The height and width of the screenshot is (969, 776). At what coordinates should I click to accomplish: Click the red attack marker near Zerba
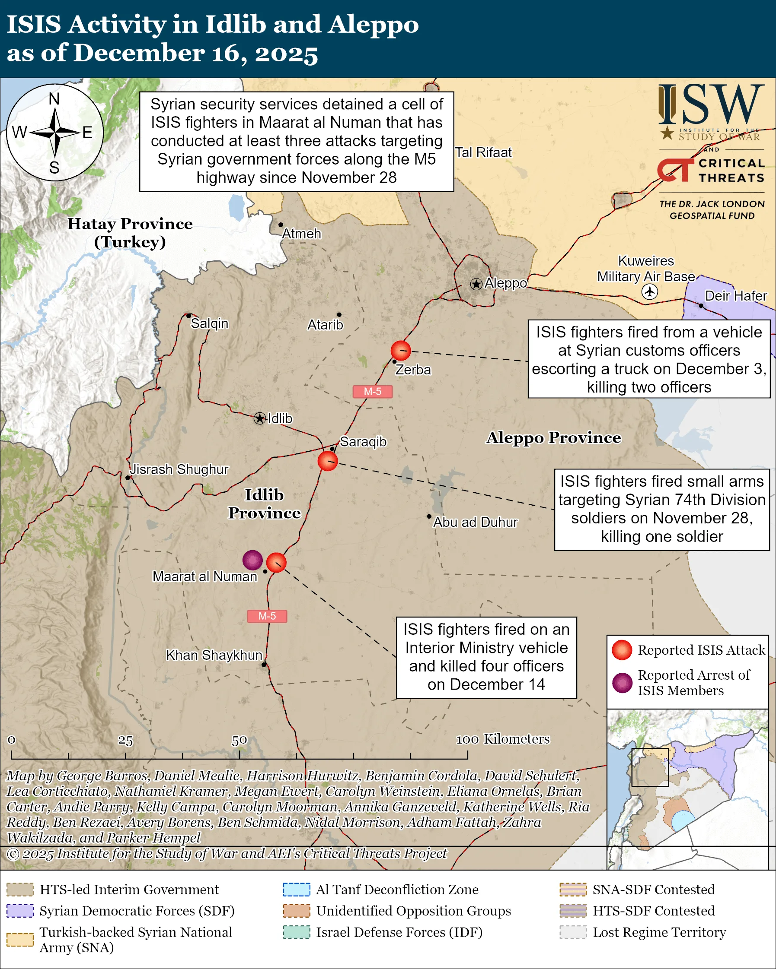coord(400,351)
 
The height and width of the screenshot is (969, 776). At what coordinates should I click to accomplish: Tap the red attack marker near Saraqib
coord(328,461)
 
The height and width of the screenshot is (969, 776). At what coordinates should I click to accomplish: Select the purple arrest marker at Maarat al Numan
coord(252,560)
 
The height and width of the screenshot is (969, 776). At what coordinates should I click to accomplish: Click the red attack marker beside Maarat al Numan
coord(276,563)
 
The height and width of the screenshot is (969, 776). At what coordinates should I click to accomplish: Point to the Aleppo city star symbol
coord(476,284)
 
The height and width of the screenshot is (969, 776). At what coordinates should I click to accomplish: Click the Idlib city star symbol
coord(259,418)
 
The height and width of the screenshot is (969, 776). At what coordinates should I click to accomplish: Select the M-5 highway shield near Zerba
coord(372,392)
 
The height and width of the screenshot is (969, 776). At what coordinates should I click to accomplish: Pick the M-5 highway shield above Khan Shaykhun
coord(267,616)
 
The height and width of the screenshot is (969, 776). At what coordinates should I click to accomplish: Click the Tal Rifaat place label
coord(483,153)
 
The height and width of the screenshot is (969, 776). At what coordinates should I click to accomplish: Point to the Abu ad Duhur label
coord(475,522)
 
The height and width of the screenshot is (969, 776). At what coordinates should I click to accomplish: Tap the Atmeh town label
coord(301,234)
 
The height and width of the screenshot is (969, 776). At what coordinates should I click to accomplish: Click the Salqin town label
coord(210,323)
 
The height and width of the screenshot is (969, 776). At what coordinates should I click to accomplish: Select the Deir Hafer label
coord(735,296)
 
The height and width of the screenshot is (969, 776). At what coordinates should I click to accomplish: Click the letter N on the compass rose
coord(54,99)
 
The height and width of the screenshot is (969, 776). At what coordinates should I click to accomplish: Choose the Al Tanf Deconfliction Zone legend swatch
coord(297,890)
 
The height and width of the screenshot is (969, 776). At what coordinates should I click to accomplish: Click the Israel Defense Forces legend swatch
coord(297,932)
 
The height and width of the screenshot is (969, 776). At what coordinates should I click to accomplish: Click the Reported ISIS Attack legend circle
coord(622,650)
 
